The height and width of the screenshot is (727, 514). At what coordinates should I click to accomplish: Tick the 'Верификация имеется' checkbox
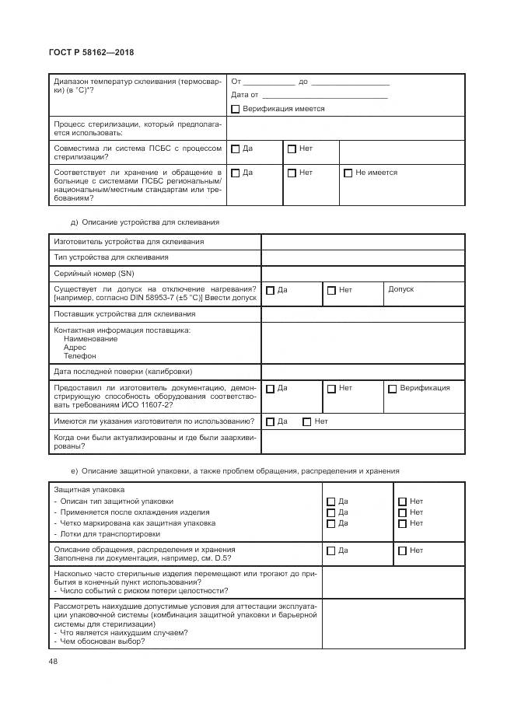[236, 109]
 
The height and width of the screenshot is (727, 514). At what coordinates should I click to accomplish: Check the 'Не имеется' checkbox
[348, 173]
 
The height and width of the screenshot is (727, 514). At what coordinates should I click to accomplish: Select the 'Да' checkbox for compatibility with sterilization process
[236, 149]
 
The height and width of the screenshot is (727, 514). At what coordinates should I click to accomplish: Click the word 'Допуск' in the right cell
[400, 289]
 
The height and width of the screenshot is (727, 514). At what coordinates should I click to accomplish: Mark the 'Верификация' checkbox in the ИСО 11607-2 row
[392, 388]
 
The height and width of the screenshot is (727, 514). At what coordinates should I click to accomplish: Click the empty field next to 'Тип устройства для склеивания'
[362, 257]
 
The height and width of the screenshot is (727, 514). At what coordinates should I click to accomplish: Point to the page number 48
[53, 661]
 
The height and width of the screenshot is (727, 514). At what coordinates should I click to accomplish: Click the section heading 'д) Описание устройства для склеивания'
[145, 222]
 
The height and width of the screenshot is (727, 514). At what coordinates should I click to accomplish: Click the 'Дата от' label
[245, 95]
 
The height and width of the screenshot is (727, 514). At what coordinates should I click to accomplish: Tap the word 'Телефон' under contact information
[79, 355]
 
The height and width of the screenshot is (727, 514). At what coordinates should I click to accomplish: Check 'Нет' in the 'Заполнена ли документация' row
[402, 550]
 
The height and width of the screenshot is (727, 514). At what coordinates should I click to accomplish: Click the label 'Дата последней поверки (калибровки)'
[122, 371]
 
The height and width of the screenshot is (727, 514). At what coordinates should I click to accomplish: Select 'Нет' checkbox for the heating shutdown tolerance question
[331, 290]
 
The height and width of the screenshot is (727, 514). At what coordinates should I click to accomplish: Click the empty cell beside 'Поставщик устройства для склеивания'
[362, 314]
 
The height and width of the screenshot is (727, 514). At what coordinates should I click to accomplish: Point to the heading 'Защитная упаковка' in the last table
[89, 490]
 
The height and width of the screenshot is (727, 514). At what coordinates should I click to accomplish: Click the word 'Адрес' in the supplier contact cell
[75, 347]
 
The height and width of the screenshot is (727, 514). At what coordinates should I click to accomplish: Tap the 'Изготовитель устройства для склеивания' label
[128, 242]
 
